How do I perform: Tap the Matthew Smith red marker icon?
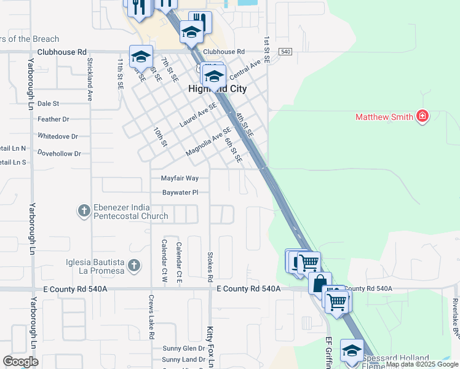coord(422,116)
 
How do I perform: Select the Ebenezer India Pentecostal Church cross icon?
coord(84,211)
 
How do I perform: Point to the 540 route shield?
coord(285,52)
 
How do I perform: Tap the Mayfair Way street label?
coord(180,178)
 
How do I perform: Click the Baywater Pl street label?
coord(180,192)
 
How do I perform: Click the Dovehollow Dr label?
coord(59,153)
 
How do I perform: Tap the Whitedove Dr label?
coord(58,136)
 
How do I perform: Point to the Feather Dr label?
coord(54,119)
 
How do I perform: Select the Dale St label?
coord(48,104)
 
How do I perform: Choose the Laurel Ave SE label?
coord(198,115)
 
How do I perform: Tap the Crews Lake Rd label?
coord(151,317)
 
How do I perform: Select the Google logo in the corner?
coord(20,362)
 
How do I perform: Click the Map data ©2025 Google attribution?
coord(422,365)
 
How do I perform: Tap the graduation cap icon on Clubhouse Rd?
coord(141,57)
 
